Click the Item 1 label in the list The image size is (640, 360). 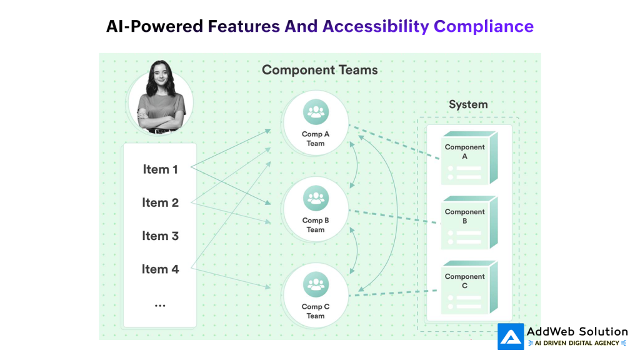click(160, 169)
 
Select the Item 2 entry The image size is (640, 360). click(160, 202)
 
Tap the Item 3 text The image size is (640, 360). click(160, 236)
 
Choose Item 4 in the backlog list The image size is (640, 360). click(160, 269)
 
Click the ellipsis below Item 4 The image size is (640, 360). click(160, 306)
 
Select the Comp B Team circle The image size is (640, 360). click(316, 209)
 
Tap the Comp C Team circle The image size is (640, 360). click(316, 296)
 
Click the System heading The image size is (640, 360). click(468, 104)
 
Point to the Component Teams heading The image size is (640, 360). click(319, 70)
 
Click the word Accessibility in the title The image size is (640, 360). click(376, 26)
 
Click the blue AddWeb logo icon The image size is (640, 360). click(511, 336)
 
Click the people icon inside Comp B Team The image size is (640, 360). click(316, 199)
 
